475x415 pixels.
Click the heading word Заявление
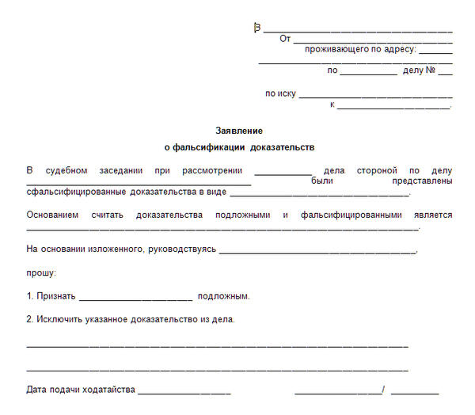point(238,130)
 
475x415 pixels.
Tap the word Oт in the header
point(285,38)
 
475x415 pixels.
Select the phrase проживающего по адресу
point(359,49)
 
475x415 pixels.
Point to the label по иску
point(280,93)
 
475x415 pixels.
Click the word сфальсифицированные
point(75,192)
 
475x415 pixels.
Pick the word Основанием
point(53,215)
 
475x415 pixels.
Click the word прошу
point(40,272)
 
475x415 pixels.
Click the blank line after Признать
point(135,300)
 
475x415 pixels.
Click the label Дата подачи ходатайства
point(81,390)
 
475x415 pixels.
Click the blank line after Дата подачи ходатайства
point(184,393)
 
